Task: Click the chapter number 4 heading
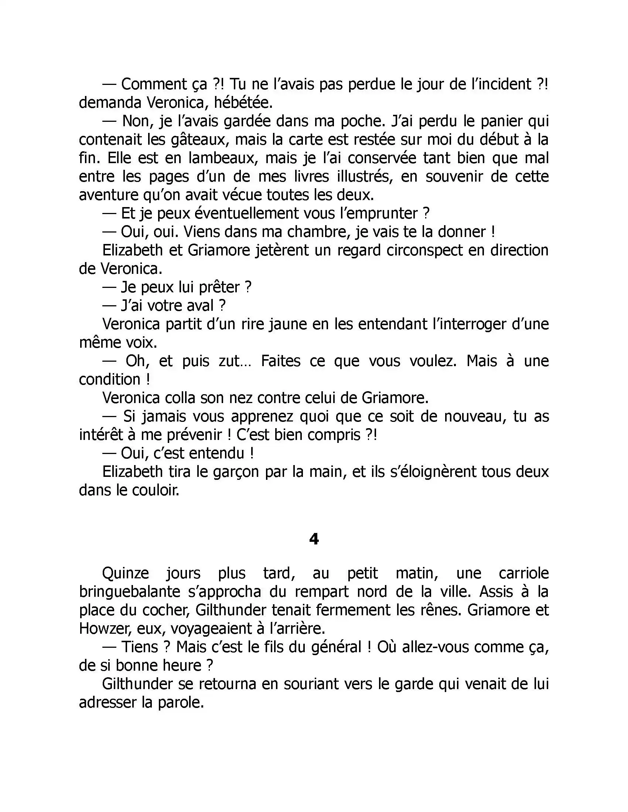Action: [314, 539]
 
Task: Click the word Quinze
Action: [125, 573]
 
